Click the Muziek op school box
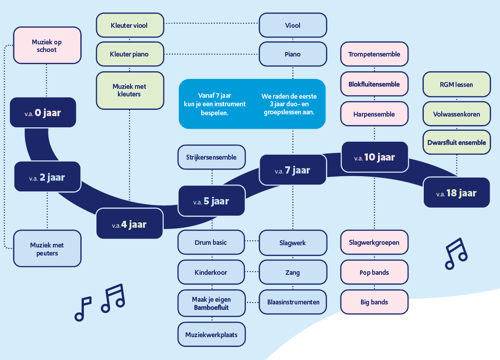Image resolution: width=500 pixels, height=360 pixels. coord(47,46)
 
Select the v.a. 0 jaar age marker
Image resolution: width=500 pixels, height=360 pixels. coord(43,113)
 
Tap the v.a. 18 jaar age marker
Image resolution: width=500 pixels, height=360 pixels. coord(457,193)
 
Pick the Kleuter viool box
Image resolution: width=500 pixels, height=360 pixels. coord(129,26)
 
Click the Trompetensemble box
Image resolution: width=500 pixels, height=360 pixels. coord(374,54)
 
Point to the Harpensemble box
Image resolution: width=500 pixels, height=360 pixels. coord(374,114)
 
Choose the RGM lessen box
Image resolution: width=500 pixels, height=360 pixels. coord(457,84)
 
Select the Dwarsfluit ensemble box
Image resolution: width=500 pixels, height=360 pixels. coord(457,143)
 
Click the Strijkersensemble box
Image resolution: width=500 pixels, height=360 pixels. coord(212,157)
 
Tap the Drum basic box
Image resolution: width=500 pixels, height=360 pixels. coord(211,243)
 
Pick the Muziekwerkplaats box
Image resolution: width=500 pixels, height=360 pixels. coord(212,334)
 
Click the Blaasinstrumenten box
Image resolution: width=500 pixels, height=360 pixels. coord(293,302)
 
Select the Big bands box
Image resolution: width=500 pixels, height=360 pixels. coord(374,302)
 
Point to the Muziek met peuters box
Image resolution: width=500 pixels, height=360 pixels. coord(47,249)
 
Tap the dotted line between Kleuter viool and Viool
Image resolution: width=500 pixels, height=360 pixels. coord(211,22)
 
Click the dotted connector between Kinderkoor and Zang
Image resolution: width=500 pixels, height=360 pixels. coord(252,272)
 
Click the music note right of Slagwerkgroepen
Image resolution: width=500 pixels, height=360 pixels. coord(456,253)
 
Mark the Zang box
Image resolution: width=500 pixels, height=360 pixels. coord(293,272)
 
